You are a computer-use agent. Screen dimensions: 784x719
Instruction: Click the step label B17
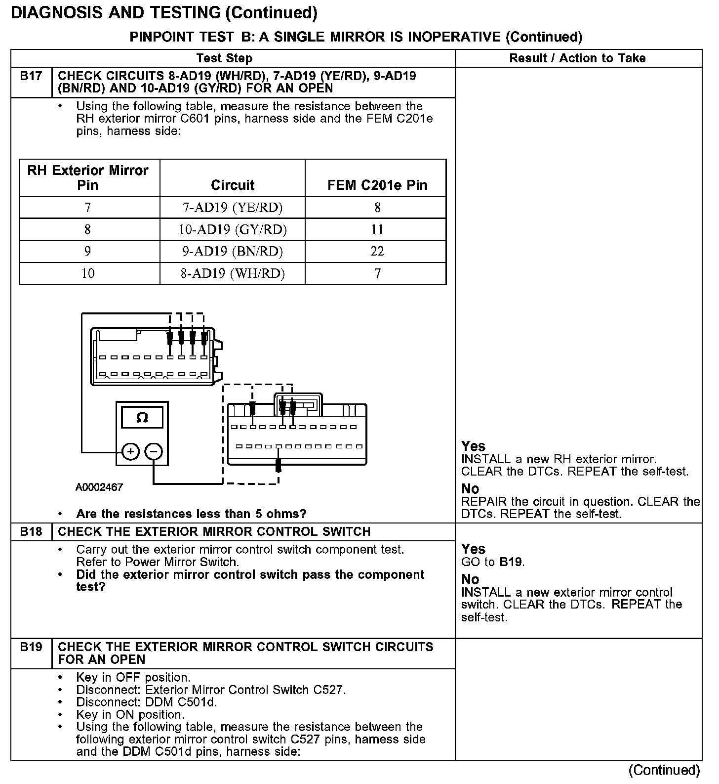coord(31,77)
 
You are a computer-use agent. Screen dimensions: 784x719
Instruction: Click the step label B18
coord(31,532)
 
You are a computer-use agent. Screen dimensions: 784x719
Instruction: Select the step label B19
coord(31,647)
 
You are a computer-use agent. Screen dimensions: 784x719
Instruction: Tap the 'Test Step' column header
coord(224,58)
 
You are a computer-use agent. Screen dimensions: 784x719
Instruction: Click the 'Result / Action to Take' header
coord(577,58)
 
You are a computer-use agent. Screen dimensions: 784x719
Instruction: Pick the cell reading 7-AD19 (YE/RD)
coord(233,208)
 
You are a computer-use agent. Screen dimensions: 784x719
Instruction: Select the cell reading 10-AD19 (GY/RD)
coord(233,229)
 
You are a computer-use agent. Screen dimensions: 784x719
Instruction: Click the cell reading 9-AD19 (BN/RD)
coord(233,252)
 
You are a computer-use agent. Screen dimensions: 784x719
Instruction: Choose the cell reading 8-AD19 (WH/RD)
coord(233,273)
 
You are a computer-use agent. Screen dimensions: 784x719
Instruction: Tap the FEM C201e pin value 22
coord(377,252)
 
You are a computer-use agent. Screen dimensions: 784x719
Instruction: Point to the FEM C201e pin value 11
coord(377,229)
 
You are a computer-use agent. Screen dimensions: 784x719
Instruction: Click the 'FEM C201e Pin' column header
coord(377,185)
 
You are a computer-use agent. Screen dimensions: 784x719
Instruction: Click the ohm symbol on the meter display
coord(142,418)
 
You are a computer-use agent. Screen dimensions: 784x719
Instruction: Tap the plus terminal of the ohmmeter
coord(130,451)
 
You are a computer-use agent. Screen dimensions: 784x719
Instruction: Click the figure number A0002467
coord(99,487)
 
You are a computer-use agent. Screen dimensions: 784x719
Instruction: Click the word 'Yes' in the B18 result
coord(473,549)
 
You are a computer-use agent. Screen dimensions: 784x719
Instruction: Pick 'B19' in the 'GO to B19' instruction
coord(512,562)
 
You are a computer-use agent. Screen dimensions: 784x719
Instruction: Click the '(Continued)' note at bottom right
coord(664,770)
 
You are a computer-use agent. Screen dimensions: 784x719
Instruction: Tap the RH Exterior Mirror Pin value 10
coord(88,273)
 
